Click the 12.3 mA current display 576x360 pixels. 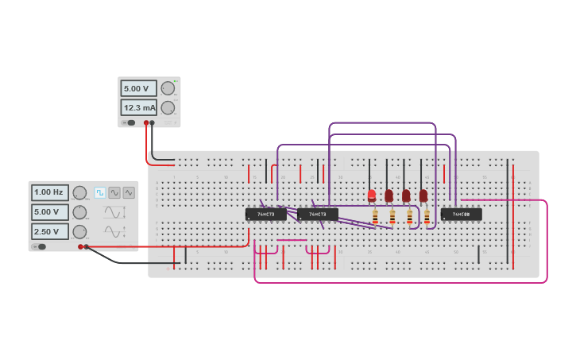(138, 107)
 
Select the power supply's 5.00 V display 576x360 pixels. (138, 88)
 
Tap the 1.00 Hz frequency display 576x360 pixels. (49, 192)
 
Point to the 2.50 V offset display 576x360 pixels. (49, 231)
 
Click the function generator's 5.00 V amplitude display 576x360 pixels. (49, 212)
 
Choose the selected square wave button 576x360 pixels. (100, 192)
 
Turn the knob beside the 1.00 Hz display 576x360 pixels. (79, 192)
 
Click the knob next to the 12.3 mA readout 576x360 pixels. (168, 107)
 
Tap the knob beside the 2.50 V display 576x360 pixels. (79, 232)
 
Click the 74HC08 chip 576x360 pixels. (461, 214)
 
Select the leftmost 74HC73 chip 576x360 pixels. (265, 214)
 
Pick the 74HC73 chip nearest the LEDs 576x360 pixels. (318, 214)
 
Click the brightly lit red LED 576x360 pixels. (372, 195)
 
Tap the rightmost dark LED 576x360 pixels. (423, 195)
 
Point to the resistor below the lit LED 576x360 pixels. (375, 215)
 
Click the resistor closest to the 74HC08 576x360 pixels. (427, 215)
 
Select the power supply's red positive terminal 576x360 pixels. (146, 122)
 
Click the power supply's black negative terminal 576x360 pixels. (153, 122)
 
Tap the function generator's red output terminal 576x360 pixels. (80, 246)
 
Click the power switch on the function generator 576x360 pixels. (40, 246)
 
